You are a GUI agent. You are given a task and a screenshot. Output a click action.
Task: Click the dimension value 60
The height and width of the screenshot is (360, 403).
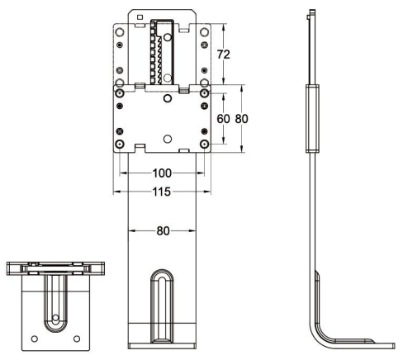tap(223, 118)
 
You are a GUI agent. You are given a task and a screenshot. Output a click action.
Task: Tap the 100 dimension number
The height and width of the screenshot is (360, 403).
tap(162, 174)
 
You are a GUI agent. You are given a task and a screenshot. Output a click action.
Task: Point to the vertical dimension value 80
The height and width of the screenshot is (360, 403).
tap(242, 118)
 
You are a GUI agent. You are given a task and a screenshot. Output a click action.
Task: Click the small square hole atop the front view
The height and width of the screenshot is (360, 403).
tap(140, 17)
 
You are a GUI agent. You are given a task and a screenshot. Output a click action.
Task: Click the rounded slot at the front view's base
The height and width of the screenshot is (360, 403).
tap(162, 306)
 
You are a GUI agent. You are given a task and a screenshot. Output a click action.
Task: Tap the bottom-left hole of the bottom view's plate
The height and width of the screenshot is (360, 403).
tap(34, 338)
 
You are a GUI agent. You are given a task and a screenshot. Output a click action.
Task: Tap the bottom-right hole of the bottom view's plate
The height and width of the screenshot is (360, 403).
tap(76, 338)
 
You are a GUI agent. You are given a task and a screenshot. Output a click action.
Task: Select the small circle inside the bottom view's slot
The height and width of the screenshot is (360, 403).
tap(55, 317)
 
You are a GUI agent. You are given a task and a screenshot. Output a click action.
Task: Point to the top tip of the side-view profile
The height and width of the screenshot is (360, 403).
tap(311, 12)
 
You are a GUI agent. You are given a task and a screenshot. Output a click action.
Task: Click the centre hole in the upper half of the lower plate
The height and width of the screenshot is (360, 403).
tap(167, 98)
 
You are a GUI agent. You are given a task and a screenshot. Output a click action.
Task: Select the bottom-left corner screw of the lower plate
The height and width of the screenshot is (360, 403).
tap(121, 144)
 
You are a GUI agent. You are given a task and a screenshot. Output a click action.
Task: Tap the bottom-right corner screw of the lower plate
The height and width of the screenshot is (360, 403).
tap(203, 144)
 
